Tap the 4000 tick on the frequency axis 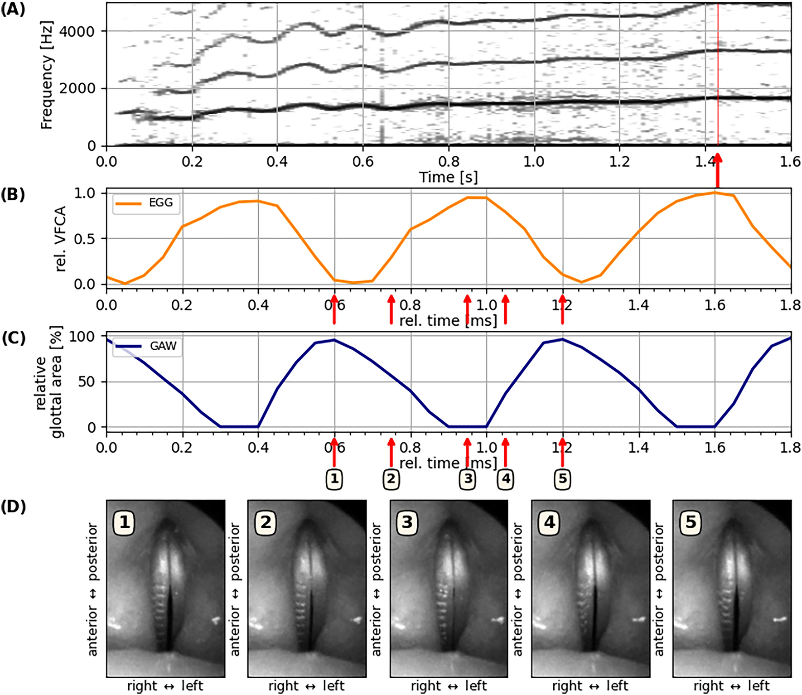(x=77, y=31)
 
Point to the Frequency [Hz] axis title (x=46, y=75)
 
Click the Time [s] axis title (x=448, y=177)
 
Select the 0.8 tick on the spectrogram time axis (x=449, y=161)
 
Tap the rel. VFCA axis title (x=60, y=239)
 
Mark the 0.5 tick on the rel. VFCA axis (x=84, y=239)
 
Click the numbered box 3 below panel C (x=468, y=479)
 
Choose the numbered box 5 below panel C (x=562, y=479)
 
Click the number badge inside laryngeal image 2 (x=266, y=522)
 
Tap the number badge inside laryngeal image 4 (x=549, y=522)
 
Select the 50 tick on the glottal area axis (x=86, y=382)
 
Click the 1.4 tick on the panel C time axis (x=638, y=448)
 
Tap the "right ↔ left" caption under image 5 (x=731, y=686)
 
